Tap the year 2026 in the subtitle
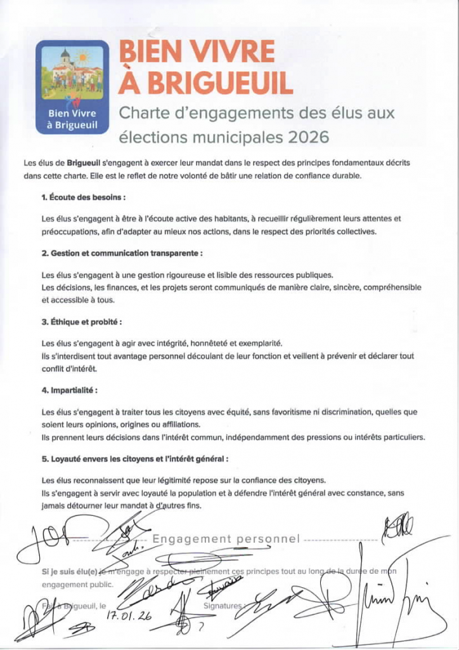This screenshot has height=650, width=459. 309,137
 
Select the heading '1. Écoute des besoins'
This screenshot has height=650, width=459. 84,197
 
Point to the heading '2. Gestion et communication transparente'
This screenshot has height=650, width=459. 122,253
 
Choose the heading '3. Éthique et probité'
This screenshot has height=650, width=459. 82,322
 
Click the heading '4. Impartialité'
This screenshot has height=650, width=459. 70,390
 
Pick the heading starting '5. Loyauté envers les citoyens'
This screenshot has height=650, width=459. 135,458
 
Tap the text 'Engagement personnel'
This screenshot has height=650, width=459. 226,539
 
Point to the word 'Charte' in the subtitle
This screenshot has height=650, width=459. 142,114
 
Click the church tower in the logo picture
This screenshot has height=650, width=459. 65,59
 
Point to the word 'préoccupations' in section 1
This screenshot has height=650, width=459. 69,232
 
